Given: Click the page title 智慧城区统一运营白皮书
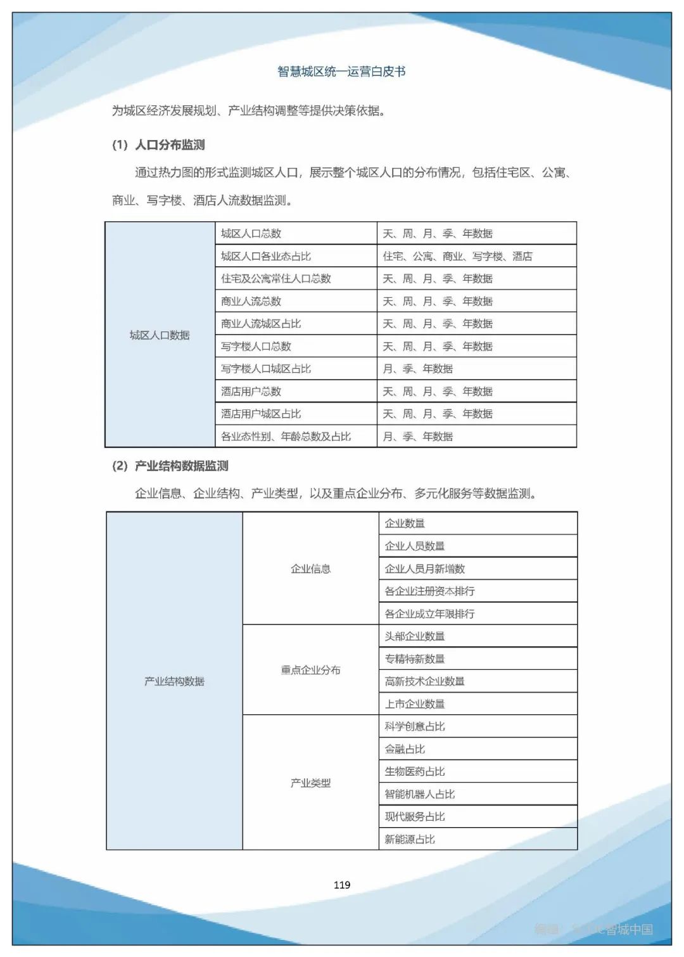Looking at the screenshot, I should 341,72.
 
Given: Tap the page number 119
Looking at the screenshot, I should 342,885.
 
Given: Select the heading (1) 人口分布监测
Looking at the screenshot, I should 158,145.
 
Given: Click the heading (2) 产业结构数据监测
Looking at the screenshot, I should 170,466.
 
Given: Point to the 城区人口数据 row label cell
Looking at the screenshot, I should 160,335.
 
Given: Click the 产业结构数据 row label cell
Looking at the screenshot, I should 174,681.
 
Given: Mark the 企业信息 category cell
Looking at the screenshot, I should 310,568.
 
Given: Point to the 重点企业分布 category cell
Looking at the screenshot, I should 310,670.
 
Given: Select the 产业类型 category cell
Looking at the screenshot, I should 310,783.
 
